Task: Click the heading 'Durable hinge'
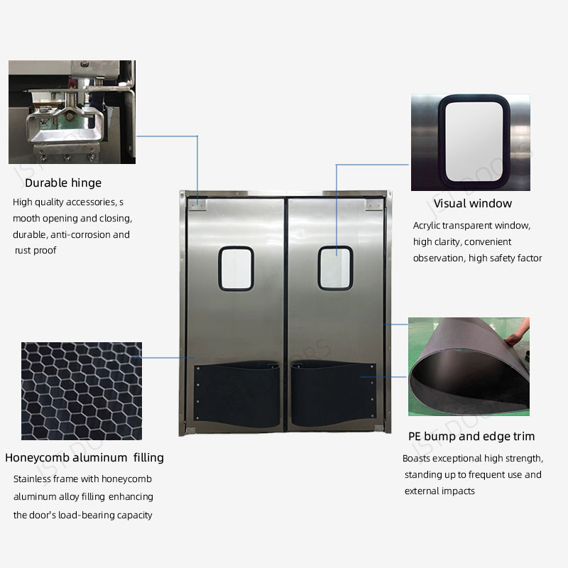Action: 63,183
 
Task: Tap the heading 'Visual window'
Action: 472,204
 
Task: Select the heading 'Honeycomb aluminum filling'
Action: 84,457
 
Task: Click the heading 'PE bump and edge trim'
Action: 471,436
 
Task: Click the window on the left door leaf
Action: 236,268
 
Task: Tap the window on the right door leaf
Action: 335,268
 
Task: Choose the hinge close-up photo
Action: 72,112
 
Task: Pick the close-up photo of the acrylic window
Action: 470,142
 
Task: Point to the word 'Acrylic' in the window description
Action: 429,226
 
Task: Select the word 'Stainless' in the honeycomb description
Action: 33,479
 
